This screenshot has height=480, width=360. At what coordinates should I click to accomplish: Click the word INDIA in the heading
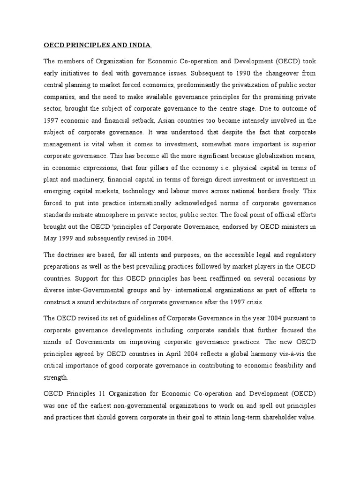point(139,45)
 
